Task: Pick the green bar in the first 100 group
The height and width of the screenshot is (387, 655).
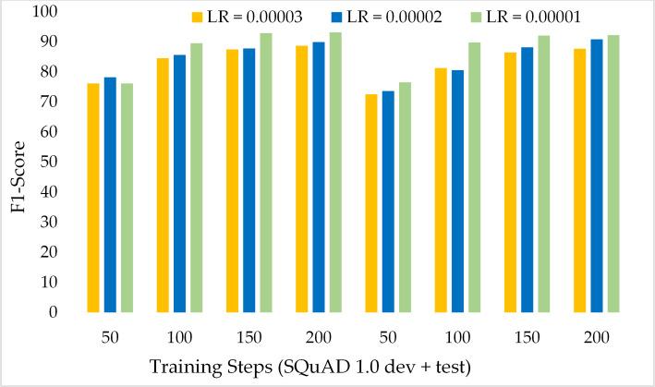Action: [x=196, y=177]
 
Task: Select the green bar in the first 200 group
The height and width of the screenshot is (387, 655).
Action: [x=334, y=172]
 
